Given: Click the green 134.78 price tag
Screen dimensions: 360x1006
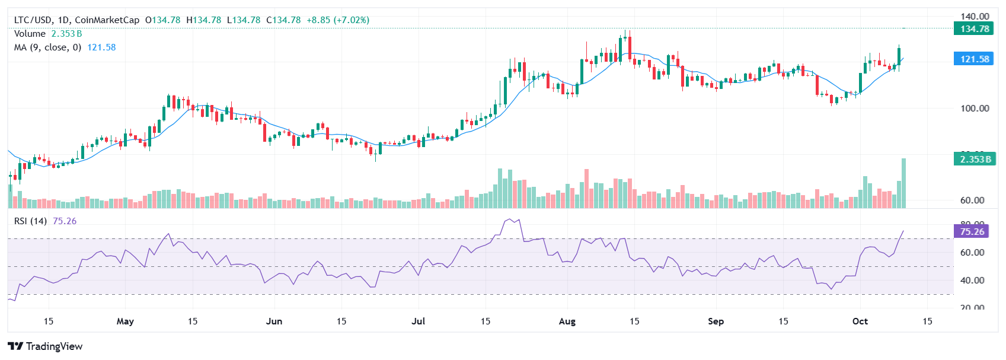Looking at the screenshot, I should (973, 28).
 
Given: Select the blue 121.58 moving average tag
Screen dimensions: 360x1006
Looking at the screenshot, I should (973, 59).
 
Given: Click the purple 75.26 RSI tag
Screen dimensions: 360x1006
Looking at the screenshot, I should (972, 231).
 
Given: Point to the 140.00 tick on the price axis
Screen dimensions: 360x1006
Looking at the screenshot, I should (975, 17).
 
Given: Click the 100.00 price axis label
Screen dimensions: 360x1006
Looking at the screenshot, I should (975, 108).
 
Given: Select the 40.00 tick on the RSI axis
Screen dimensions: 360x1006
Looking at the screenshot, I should (972, 280).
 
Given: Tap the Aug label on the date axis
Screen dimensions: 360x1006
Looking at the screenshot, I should (567, 321).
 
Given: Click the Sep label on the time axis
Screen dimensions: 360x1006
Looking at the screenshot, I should (716, 321).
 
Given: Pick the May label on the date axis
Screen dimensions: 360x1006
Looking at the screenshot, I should (125, 321).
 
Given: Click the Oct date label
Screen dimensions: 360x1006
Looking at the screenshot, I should (860, 321).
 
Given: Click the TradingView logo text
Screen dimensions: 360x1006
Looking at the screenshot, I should (54, 346).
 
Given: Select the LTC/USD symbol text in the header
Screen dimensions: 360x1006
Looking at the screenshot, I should (33, 20).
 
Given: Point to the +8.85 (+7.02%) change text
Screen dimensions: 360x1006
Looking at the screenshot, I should (338, 20).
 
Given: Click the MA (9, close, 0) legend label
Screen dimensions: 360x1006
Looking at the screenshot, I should (47, 47).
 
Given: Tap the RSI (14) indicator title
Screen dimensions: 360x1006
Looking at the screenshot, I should (30, 221).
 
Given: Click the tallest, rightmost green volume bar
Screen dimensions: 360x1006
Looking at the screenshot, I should (903, 183).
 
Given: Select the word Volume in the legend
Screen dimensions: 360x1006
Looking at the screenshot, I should (30, 34).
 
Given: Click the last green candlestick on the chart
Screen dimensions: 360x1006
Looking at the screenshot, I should (899, 56).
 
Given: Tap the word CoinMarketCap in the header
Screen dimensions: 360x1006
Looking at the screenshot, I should (107, 20).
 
